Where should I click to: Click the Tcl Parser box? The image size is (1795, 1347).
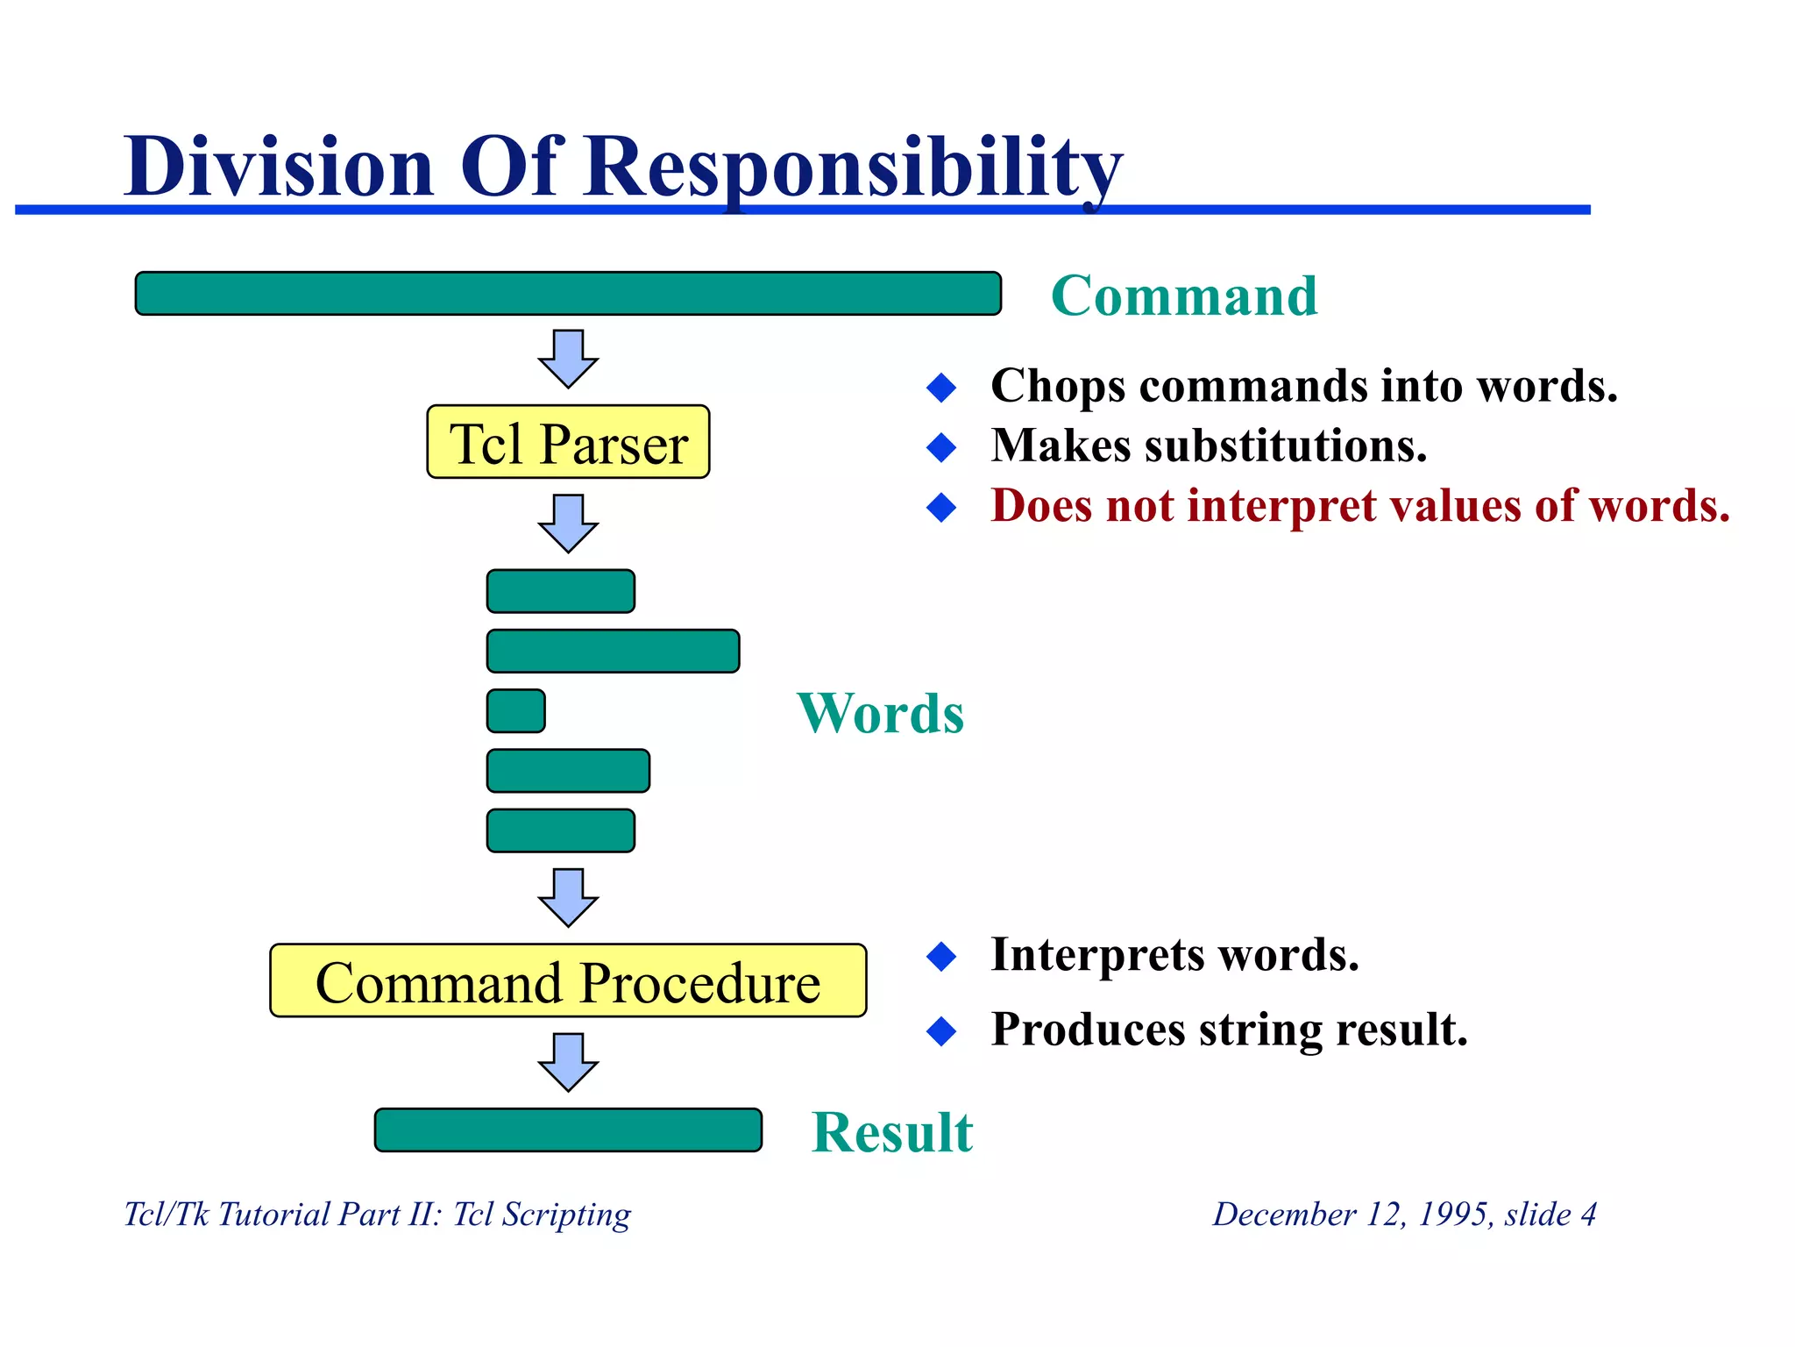tap(568, 442)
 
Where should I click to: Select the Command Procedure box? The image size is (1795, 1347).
tap(568, 980)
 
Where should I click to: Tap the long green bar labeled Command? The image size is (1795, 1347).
tap(568, 293)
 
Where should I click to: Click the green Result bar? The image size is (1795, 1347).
tap(568, 1130)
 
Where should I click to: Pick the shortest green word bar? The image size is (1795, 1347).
tap(516, 710)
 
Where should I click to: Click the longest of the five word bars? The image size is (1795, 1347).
tap(613, 651)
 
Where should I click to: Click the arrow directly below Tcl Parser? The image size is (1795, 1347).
tap(568, 523)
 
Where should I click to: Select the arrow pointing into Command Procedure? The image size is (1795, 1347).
tap(568, 896)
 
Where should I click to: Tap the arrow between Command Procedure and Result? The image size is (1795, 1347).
tap(568, 1061)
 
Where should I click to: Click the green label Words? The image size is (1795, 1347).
tap(880, 713)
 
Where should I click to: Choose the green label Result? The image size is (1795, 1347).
tap(892, 1131)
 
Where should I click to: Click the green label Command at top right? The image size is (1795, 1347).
tap(1184, 296)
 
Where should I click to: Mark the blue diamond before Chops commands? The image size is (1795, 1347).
tap(941, 387)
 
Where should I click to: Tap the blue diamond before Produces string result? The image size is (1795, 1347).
tap(941, 1030)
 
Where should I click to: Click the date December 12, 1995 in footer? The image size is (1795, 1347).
tap(1351, 1215)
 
